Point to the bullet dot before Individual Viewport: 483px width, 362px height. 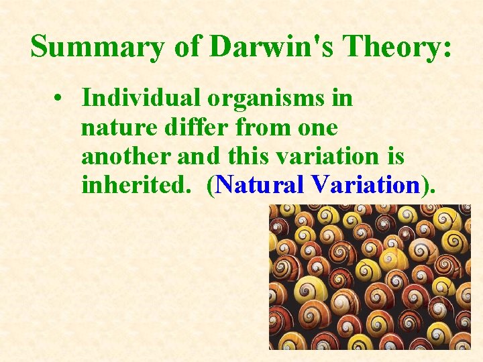tap(60, 98)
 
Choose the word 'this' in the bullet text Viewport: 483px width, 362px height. tap(250, 156)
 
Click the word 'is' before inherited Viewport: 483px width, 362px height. tap(395, 156)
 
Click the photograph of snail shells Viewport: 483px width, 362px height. tap(370, 276)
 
